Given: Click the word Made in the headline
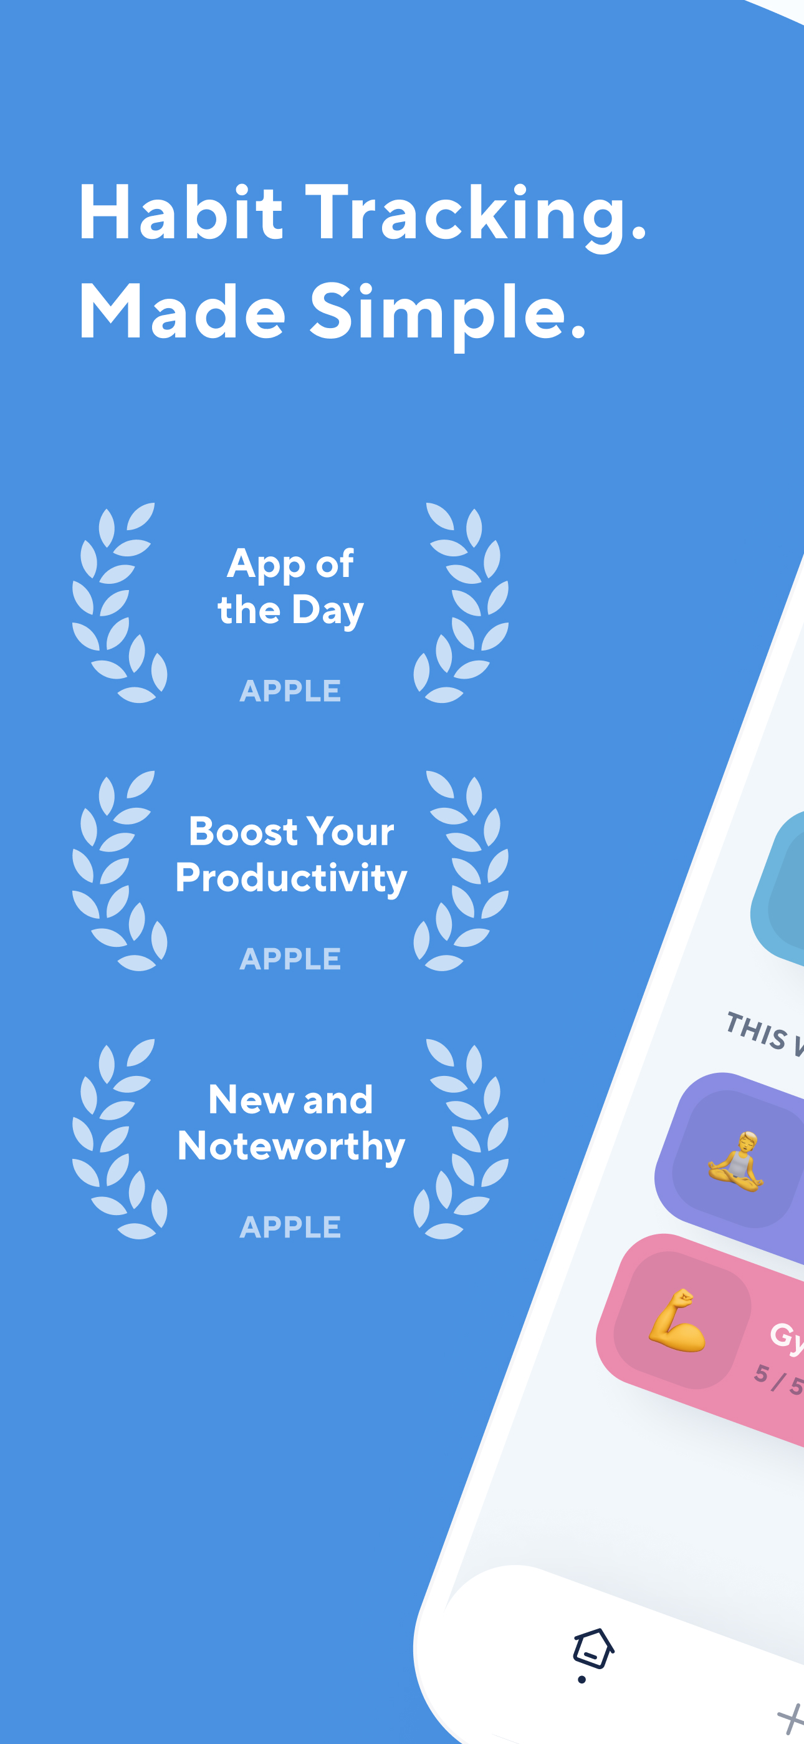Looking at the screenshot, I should (x=182, y=312).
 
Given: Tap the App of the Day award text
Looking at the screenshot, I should (x=290, y=587).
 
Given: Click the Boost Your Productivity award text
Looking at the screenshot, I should (x=291, y=855).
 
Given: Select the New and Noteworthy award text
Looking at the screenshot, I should (x=291, y=1123).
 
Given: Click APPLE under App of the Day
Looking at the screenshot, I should (x=290, y=691).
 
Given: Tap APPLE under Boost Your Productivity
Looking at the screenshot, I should (x=290, y=959).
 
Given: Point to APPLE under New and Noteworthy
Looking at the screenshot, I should (x=290, y=1228).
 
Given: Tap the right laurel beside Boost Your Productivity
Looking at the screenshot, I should (x=462, y=871).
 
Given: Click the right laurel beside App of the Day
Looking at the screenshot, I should (x=462, y=603).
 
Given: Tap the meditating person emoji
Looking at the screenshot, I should (x=736, y=1160).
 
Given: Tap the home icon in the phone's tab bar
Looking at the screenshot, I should (x=593, y=1648).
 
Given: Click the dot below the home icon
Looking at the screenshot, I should (x=582, y=1680).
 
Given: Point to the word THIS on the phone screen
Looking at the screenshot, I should (x=756, y=1031).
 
